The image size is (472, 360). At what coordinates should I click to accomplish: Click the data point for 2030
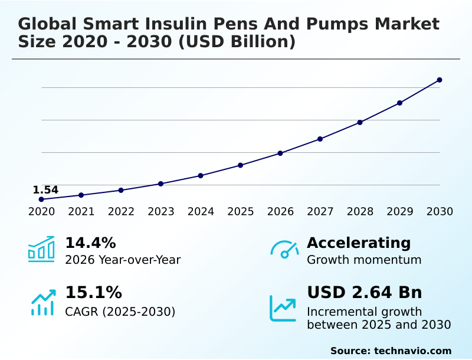440,80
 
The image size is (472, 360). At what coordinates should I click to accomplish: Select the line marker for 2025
241,165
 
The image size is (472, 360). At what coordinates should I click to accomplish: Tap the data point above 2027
320,139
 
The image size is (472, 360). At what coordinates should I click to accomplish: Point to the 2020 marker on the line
41,199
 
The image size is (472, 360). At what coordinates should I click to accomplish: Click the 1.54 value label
45,190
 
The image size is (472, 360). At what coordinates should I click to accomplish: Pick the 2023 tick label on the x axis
160,212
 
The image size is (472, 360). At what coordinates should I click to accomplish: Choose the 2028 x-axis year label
360,212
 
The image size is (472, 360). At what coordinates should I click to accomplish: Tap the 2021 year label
81,212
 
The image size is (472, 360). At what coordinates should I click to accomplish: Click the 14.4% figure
90,243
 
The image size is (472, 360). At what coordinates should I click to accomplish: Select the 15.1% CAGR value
93,293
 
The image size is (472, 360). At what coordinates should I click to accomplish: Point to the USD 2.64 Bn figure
365,293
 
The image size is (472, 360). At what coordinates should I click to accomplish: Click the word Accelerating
359,243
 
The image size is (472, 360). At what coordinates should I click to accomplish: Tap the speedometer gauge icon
284,250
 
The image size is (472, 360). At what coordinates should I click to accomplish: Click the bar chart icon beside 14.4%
41,249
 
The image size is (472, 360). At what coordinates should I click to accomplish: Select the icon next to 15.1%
42,302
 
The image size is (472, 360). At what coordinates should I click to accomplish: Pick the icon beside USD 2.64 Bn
283,308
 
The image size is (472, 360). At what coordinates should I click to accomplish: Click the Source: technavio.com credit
391,351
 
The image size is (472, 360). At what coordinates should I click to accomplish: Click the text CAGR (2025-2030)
120,312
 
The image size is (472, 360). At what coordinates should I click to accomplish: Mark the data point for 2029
399,103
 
